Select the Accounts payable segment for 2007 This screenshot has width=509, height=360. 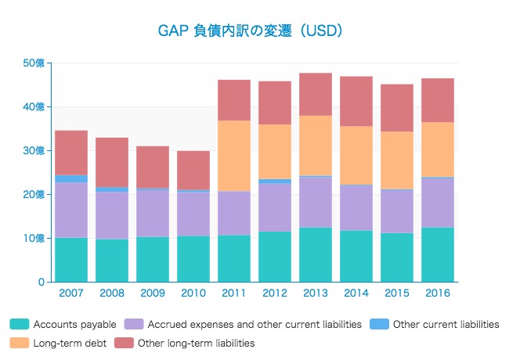click(x=71, y=259)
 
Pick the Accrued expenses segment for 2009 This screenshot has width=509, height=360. click(x=153, y=213)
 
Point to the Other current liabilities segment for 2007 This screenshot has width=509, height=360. click(x=71, y=178)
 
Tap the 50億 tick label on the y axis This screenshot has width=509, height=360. click(x=35, y=63)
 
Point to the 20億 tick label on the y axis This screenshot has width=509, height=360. click(x=35, y=194)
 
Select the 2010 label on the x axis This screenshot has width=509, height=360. click(x=193, y=293)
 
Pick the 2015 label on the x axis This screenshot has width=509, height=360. click(x=397, y=293)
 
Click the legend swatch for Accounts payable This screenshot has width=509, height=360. click(x=19, y=324)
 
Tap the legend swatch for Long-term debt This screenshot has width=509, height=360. click(x=19, y=343)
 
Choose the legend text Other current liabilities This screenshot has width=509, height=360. click(x=446, y=324)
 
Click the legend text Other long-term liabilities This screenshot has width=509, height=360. click(x=196, y=343)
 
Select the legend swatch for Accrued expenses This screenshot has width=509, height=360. click(x=134, y=324)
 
